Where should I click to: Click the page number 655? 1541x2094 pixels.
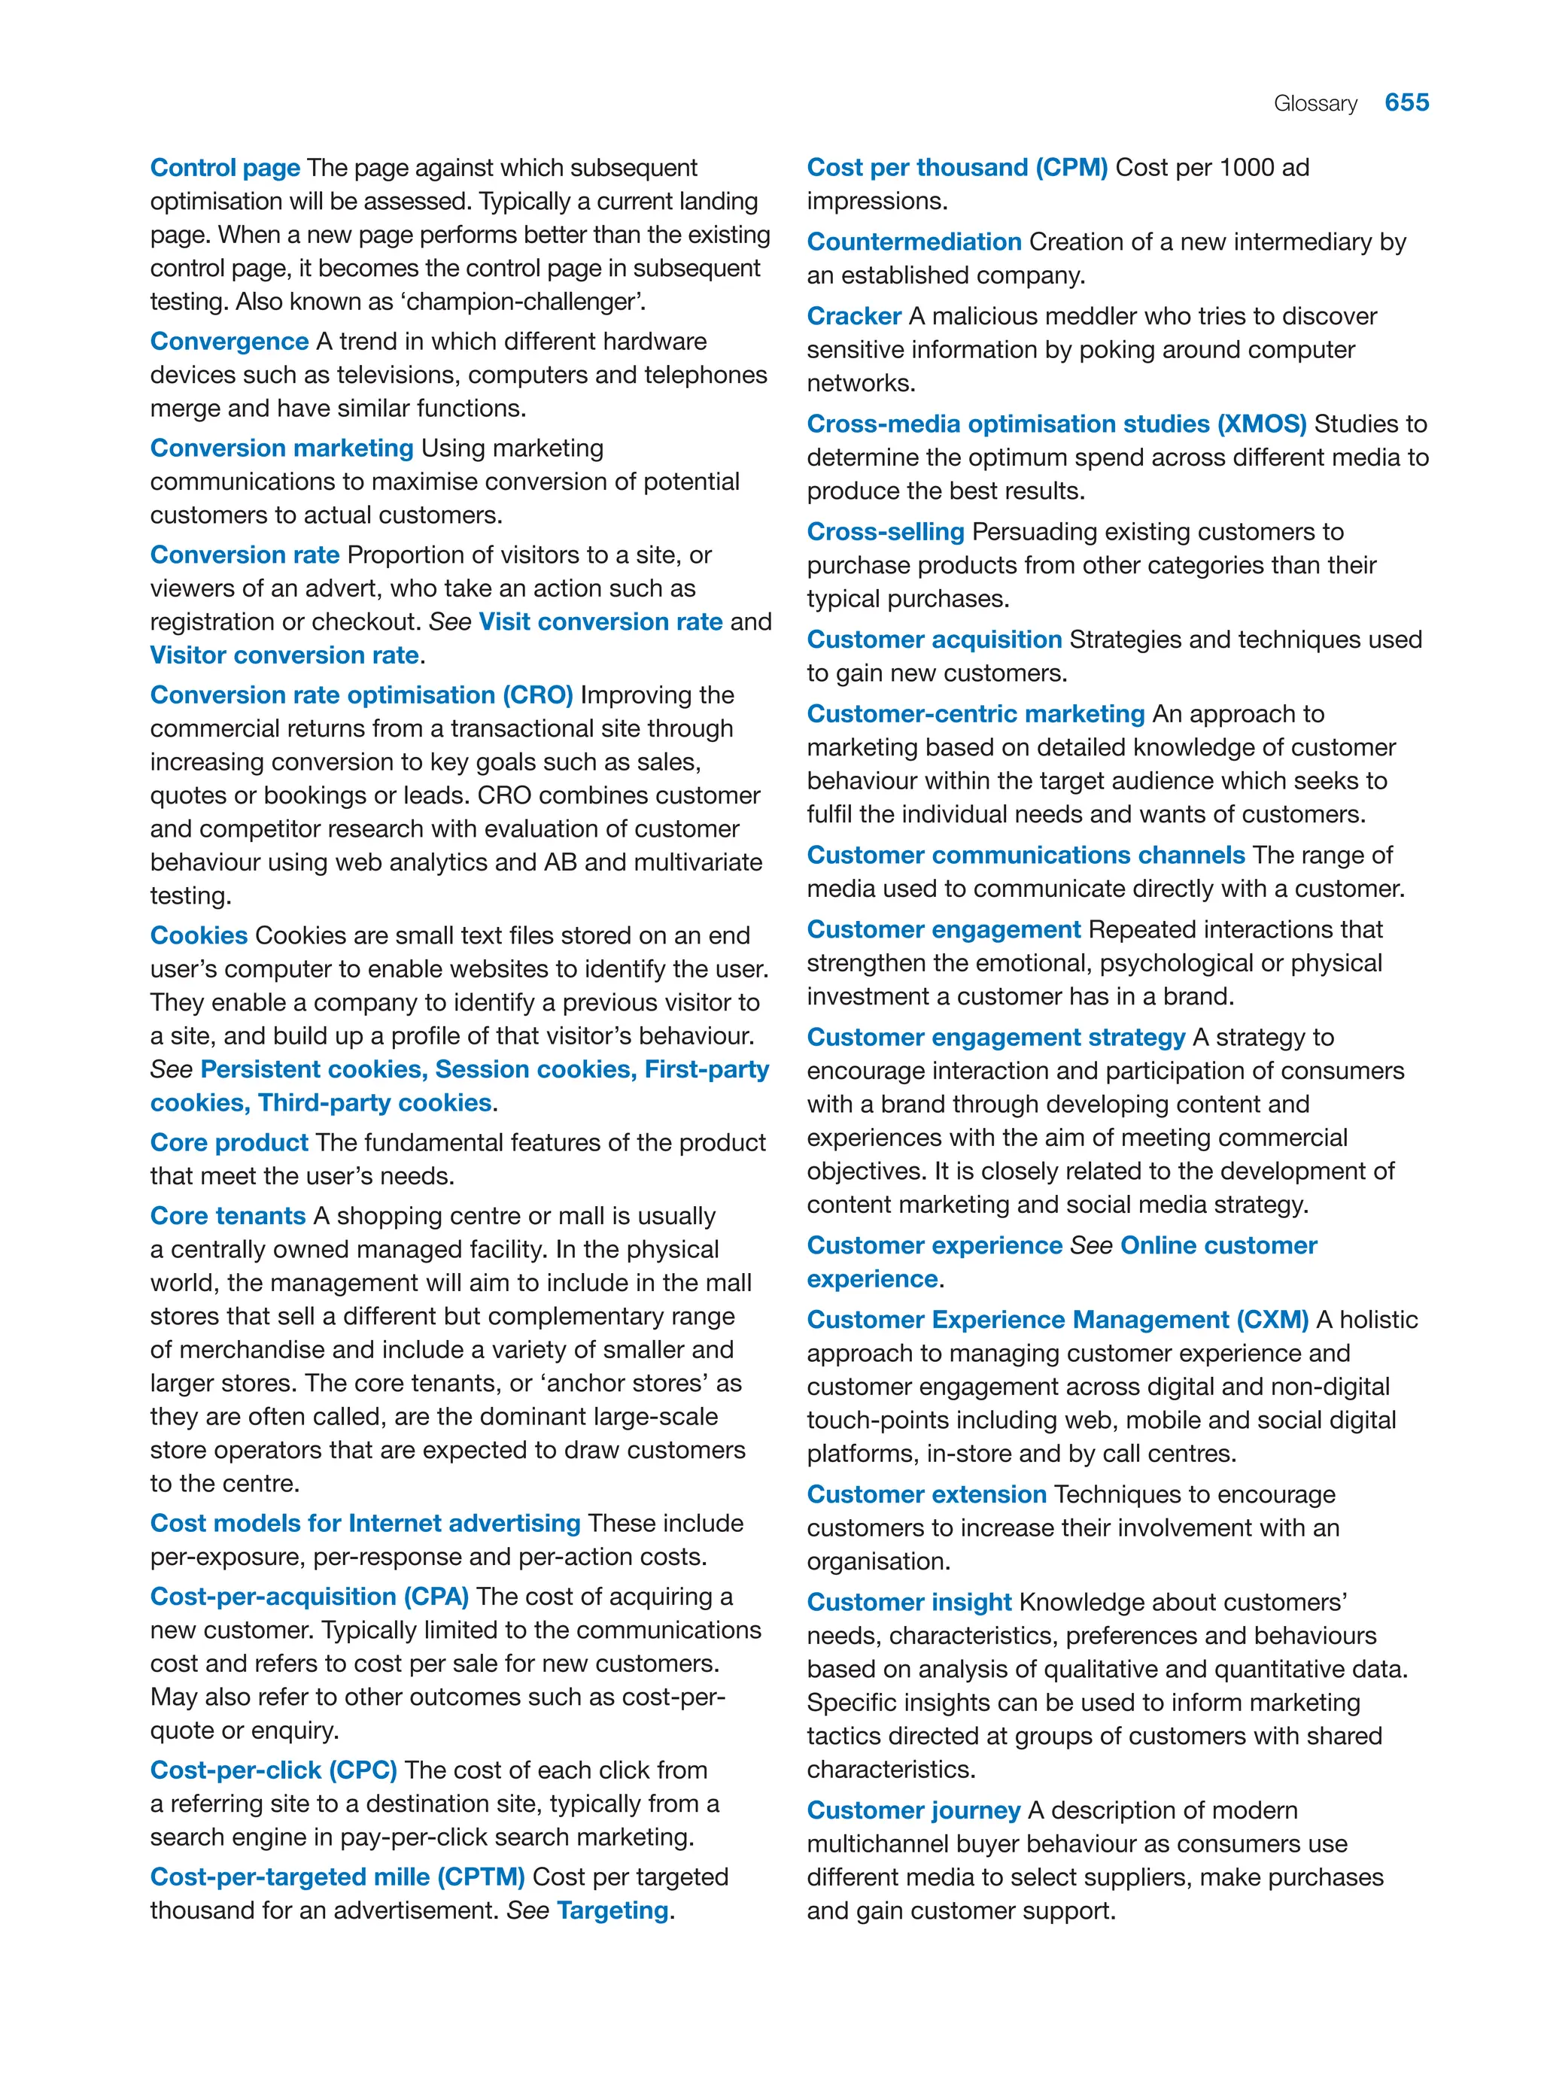coord(1406,102)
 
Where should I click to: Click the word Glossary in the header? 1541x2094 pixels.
coord(1315,104)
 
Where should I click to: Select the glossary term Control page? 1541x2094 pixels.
coord(225,168)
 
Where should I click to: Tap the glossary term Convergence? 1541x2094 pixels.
coord(229,342)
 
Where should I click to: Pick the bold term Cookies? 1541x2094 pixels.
coord(199,935)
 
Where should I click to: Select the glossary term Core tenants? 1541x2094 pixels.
coord(227,1216)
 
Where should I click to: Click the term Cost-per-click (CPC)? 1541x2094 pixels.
coord(273,1770)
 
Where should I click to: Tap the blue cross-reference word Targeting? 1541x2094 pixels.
coord(612,1910)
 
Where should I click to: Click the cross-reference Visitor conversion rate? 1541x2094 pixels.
coord(284,655)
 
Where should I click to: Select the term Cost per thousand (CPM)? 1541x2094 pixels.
coord(956,168)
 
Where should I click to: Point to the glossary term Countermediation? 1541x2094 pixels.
coord(913,242)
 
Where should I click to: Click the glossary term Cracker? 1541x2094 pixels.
coord(853,316)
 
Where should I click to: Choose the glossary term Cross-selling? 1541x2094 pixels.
coord(885,532)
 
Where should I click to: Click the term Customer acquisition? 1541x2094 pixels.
coord(934,640)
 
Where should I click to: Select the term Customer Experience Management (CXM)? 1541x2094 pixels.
coord(1057,1320)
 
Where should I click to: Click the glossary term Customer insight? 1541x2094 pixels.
coord(908,1603)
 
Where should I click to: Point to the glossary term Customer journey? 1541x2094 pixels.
coord(913,1810)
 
